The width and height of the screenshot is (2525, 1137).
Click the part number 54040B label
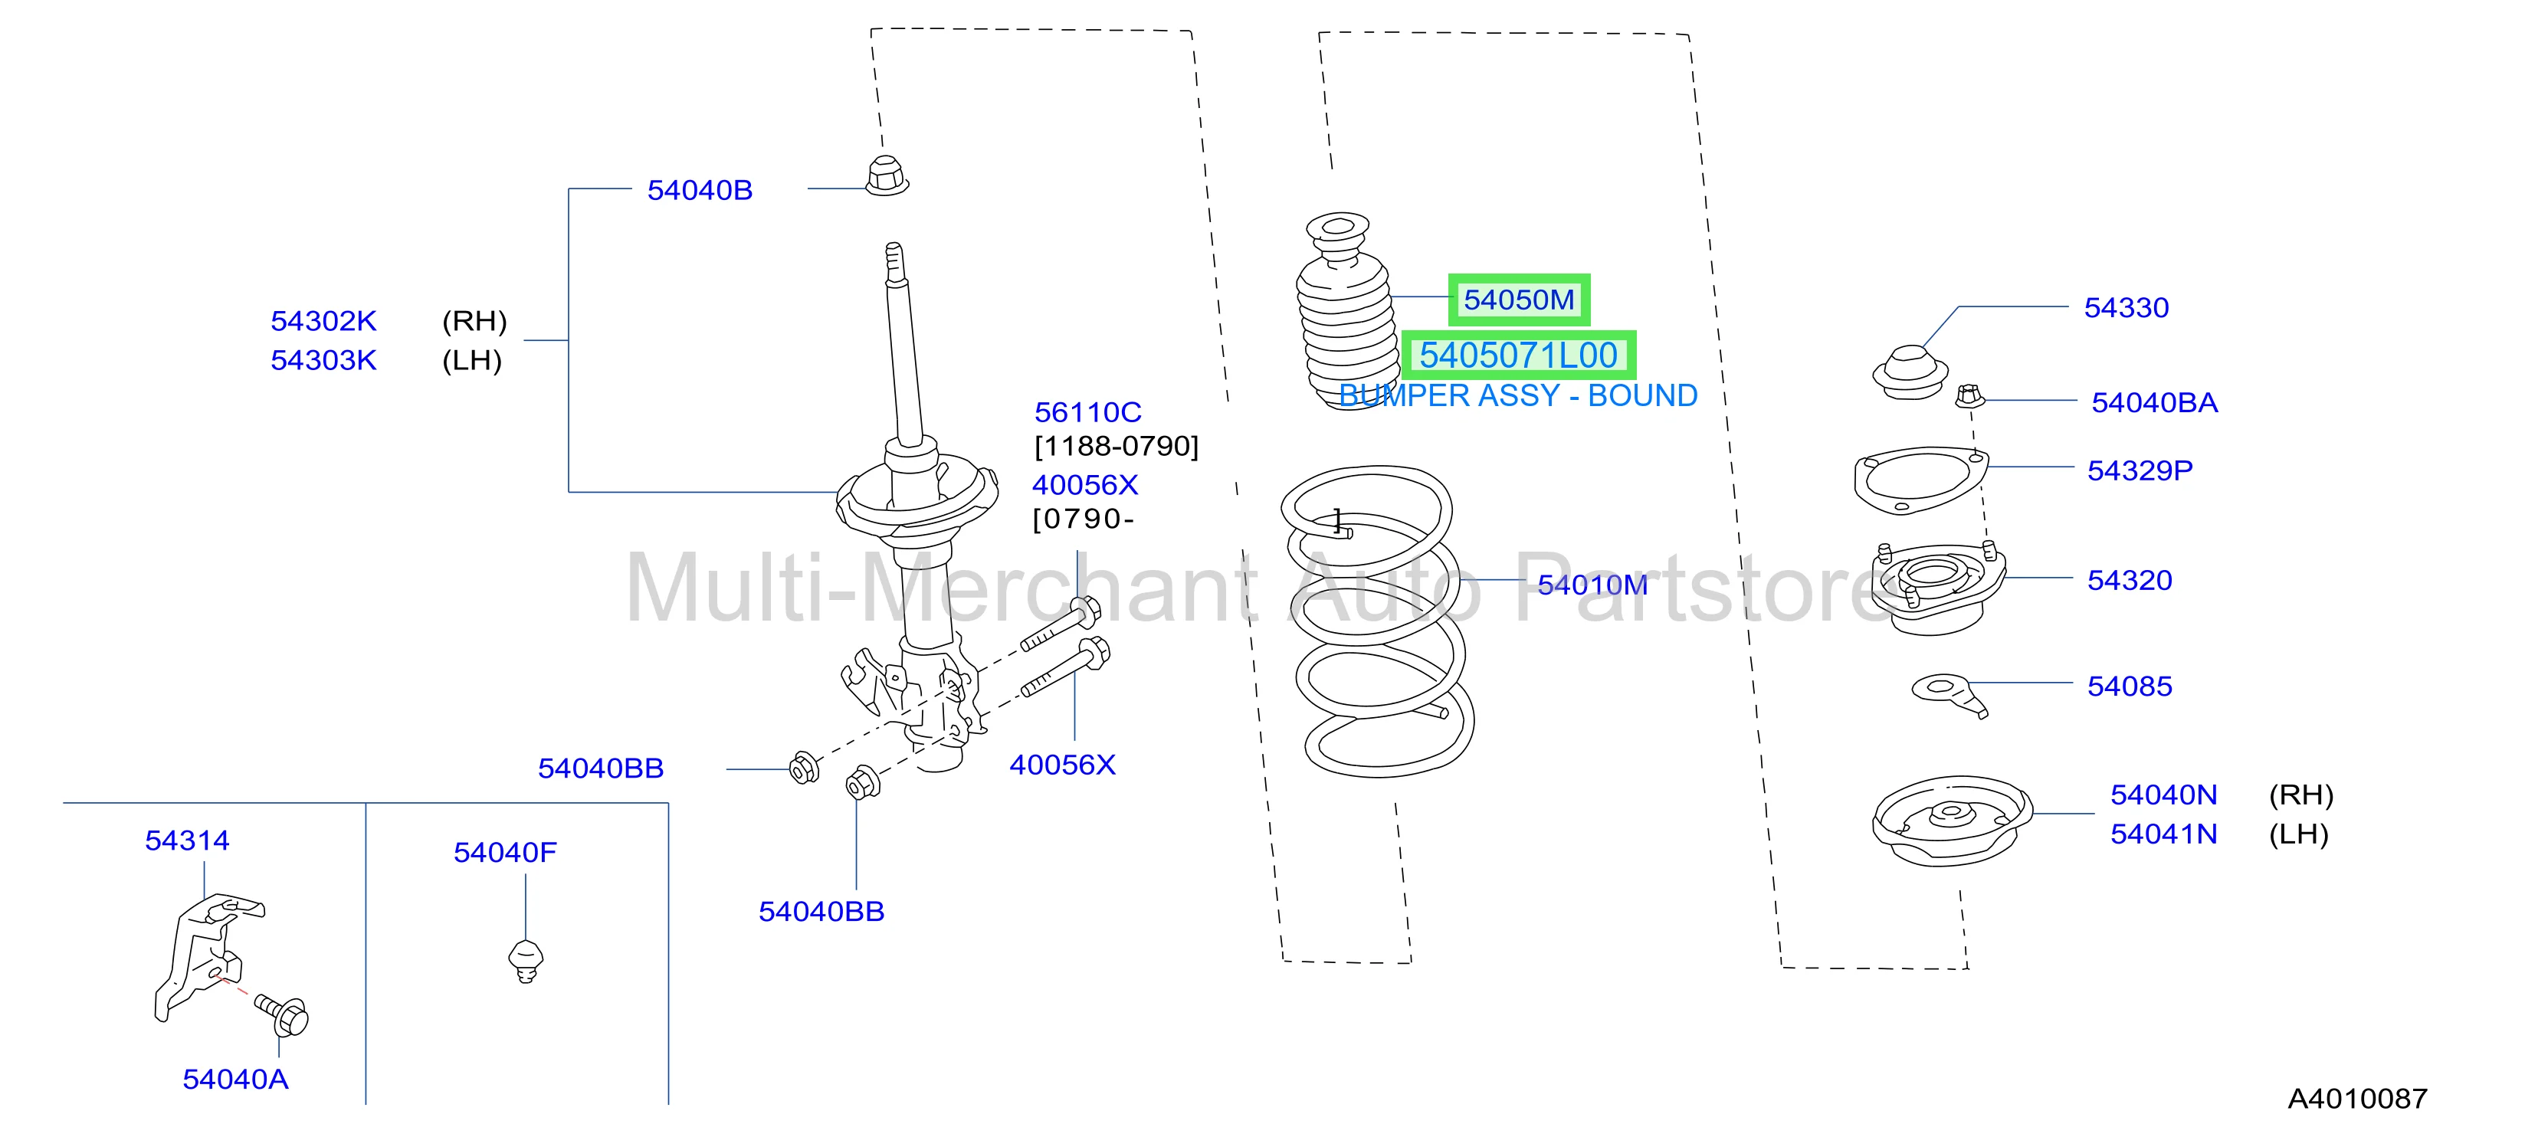[x=700, y=190]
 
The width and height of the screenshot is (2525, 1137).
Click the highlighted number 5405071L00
[x=1518, y=355]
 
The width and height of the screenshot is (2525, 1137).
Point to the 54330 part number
[x=2126, y=308]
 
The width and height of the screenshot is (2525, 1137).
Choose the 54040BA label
[x=2154, y=403]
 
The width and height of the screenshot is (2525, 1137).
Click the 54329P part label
[x=2140, y=470]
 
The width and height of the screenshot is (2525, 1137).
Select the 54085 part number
[x=2130, y=686]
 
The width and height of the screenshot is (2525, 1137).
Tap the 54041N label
[x=2163, y=834]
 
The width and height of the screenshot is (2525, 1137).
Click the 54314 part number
[x=187, y=841]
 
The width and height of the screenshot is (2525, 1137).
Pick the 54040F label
[x=505, y=853]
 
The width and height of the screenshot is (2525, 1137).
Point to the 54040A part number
[x=235, y=1080]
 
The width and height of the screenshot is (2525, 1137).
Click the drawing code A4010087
[x=2357, y=1099]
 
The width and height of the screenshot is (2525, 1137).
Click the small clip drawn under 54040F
[x=527, y=959]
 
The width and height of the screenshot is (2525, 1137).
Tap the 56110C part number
[x=1088, y=413]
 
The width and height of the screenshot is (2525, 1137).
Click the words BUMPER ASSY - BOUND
[x=1518, y=396]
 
